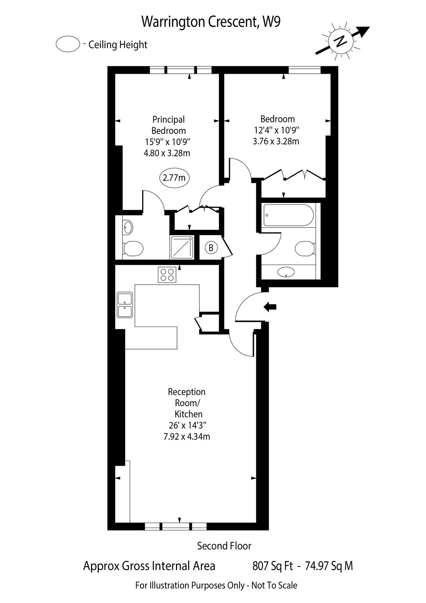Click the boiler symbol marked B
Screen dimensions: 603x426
coord(211,248)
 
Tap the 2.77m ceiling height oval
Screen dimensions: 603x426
coord(174,178)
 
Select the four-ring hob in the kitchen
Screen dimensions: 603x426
coord(167,274)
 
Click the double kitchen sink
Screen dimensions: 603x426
coord(125,305)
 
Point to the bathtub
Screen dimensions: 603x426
coord(288,215)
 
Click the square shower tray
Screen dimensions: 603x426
coord(182,247)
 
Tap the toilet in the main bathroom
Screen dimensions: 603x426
coord(305,248)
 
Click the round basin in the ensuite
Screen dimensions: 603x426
coord(127,228)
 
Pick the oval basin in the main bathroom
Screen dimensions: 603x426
coord(286,272)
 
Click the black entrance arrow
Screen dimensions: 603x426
coord(270,306)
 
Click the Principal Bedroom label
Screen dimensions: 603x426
coord(168,125)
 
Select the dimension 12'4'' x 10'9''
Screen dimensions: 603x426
coord(276,130)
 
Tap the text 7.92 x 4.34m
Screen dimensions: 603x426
coord(186,437)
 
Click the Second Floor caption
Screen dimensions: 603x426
coord(224,546)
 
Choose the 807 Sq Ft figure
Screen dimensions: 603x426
coord(272,566)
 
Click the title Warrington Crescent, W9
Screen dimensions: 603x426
coord(211,22)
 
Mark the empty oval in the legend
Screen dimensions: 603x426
coord(68,44)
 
